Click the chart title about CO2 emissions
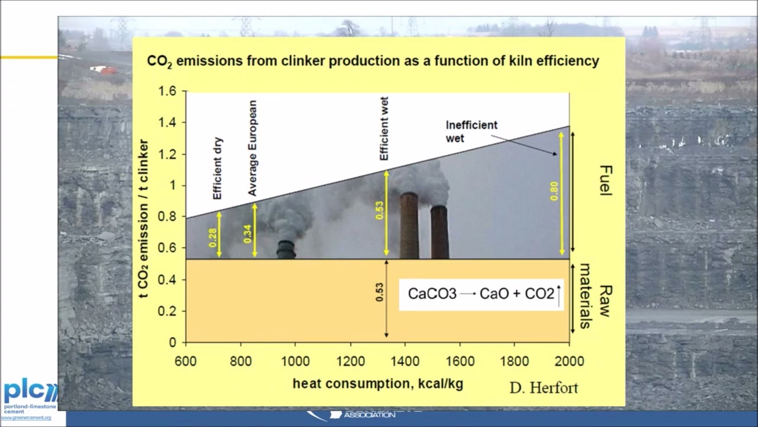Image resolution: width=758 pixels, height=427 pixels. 373,61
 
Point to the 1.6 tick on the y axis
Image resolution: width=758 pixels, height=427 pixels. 167,91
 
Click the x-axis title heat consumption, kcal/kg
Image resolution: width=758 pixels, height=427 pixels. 378,384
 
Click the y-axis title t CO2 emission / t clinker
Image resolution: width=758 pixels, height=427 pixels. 143,218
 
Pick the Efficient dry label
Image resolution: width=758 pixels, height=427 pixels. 217,169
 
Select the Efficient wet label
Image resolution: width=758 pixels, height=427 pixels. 384,128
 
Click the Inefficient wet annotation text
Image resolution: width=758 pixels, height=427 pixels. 471,132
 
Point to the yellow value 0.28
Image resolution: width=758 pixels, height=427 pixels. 213,237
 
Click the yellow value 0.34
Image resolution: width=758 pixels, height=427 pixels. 248,233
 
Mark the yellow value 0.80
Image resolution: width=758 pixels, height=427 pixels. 554,190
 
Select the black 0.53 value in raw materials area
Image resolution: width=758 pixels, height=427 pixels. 380,292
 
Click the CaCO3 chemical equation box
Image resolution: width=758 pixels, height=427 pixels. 481,294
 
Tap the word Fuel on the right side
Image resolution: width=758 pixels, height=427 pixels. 605,180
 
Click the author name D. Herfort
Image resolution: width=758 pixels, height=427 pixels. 543,388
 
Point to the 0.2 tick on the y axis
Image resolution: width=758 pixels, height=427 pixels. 169,311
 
